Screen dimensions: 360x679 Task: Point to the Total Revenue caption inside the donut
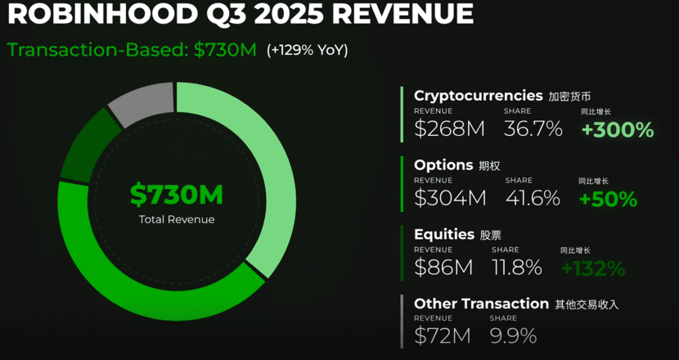[x=176, y=219]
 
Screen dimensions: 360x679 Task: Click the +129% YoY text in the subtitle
[x=308, y=50]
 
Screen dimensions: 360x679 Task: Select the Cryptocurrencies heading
[x=479, y=95]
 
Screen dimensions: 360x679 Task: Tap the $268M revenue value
[x=450, y=128]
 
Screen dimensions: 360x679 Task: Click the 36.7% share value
[x=533, y=128]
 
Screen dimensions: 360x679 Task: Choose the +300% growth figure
[x=618, y=129]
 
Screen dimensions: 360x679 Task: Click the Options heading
[x=443, y=164]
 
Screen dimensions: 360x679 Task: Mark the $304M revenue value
[x=450, y=198]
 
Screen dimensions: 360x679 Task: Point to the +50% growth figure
[x=608, y=199]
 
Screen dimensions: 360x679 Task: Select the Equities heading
[x=444, y=234]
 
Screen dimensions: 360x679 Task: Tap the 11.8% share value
[x=516, y=268]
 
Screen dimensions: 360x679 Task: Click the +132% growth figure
[x=593, y=268]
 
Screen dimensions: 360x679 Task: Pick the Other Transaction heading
[x=481, y=304]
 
